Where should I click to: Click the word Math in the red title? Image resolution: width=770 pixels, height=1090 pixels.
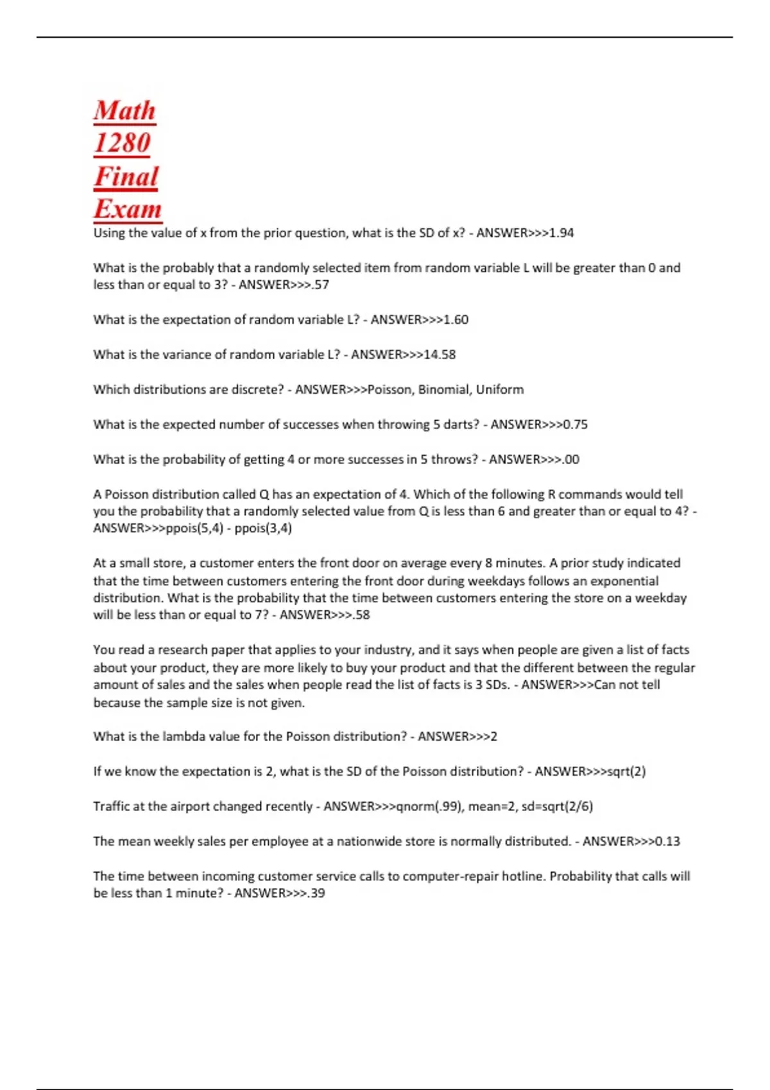coord(124,110)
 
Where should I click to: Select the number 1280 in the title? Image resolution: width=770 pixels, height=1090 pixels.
coord(122,143)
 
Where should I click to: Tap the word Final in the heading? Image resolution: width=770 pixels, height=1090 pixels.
coord(126,176)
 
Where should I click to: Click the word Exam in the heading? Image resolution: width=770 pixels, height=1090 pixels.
coord(127,209)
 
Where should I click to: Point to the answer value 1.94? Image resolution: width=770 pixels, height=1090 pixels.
coord(562,233)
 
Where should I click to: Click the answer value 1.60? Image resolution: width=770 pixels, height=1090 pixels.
coord(456,319)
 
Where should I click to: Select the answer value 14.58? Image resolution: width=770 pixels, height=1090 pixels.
coord(440,355)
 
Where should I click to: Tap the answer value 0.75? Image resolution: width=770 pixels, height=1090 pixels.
coord(575,424)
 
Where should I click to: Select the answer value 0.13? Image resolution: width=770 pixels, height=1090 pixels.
coord(667,841)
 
